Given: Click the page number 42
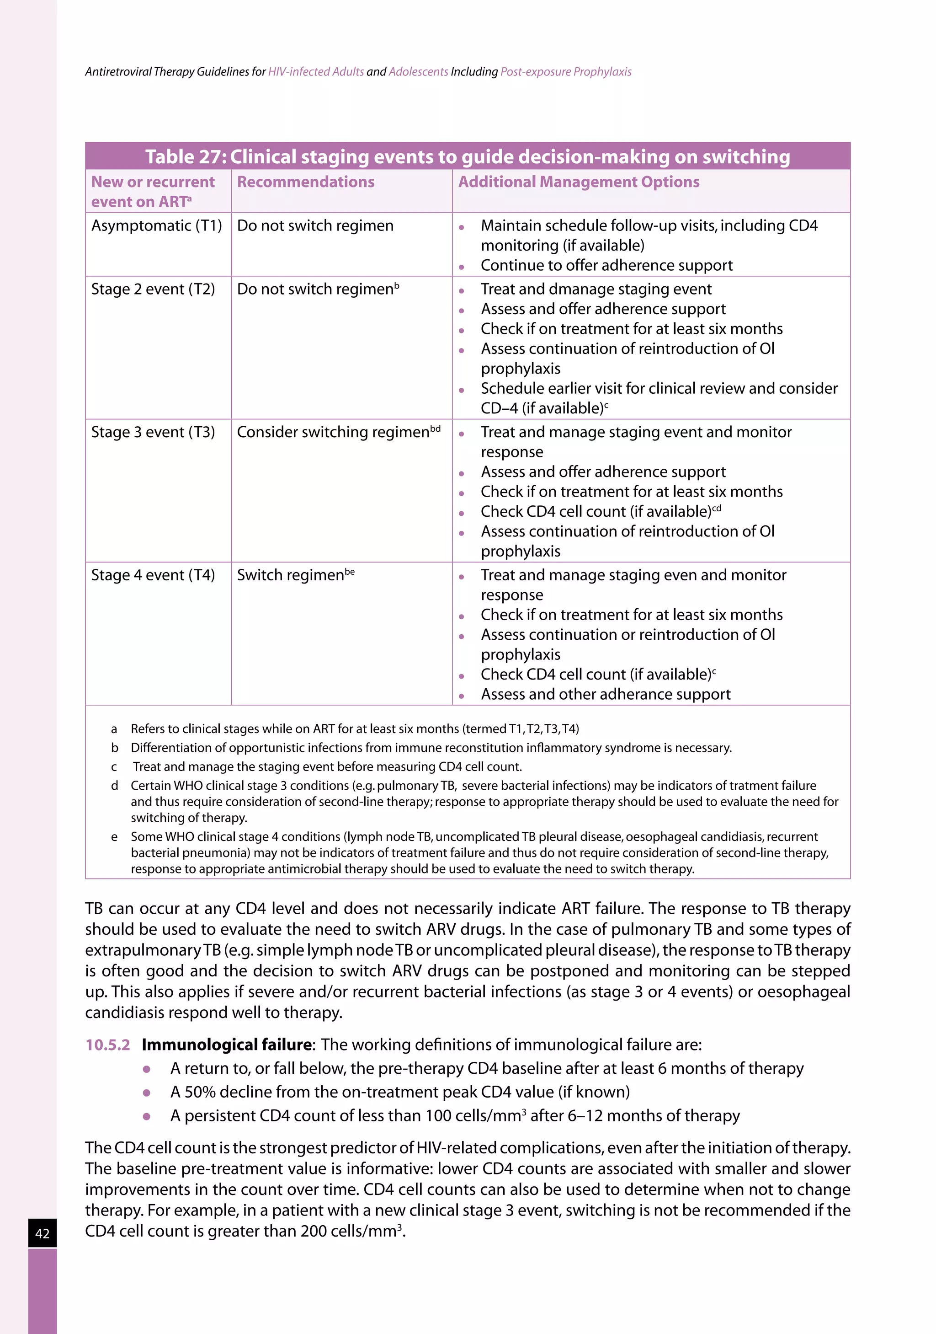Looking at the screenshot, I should pyautogui.click(x=43, y=1233).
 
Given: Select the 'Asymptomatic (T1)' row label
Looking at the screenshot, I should pyautogui.click(x=156, y=225).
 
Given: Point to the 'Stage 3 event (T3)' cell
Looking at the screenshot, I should pyautogui.click(x=153, y=432).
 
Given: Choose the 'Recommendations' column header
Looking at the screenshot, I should pyautogui.click(x=305, y=182).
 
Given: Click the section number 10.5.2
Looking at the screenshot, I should pyautogui.click(x=107, y=1045).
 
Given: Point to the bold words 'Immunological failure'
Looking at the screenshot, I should pyautogui.click(x=226, y=1045).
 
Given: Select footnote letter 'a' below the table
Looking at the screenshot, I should pyautogui.click(x=114, y=729).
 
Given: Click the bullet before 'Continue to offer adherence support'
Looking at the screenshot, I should pyautogui.click(x=461, y=267).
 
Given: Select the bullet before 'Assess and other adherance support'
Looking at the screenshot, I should pyautogui.click(x=461, y=696).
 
